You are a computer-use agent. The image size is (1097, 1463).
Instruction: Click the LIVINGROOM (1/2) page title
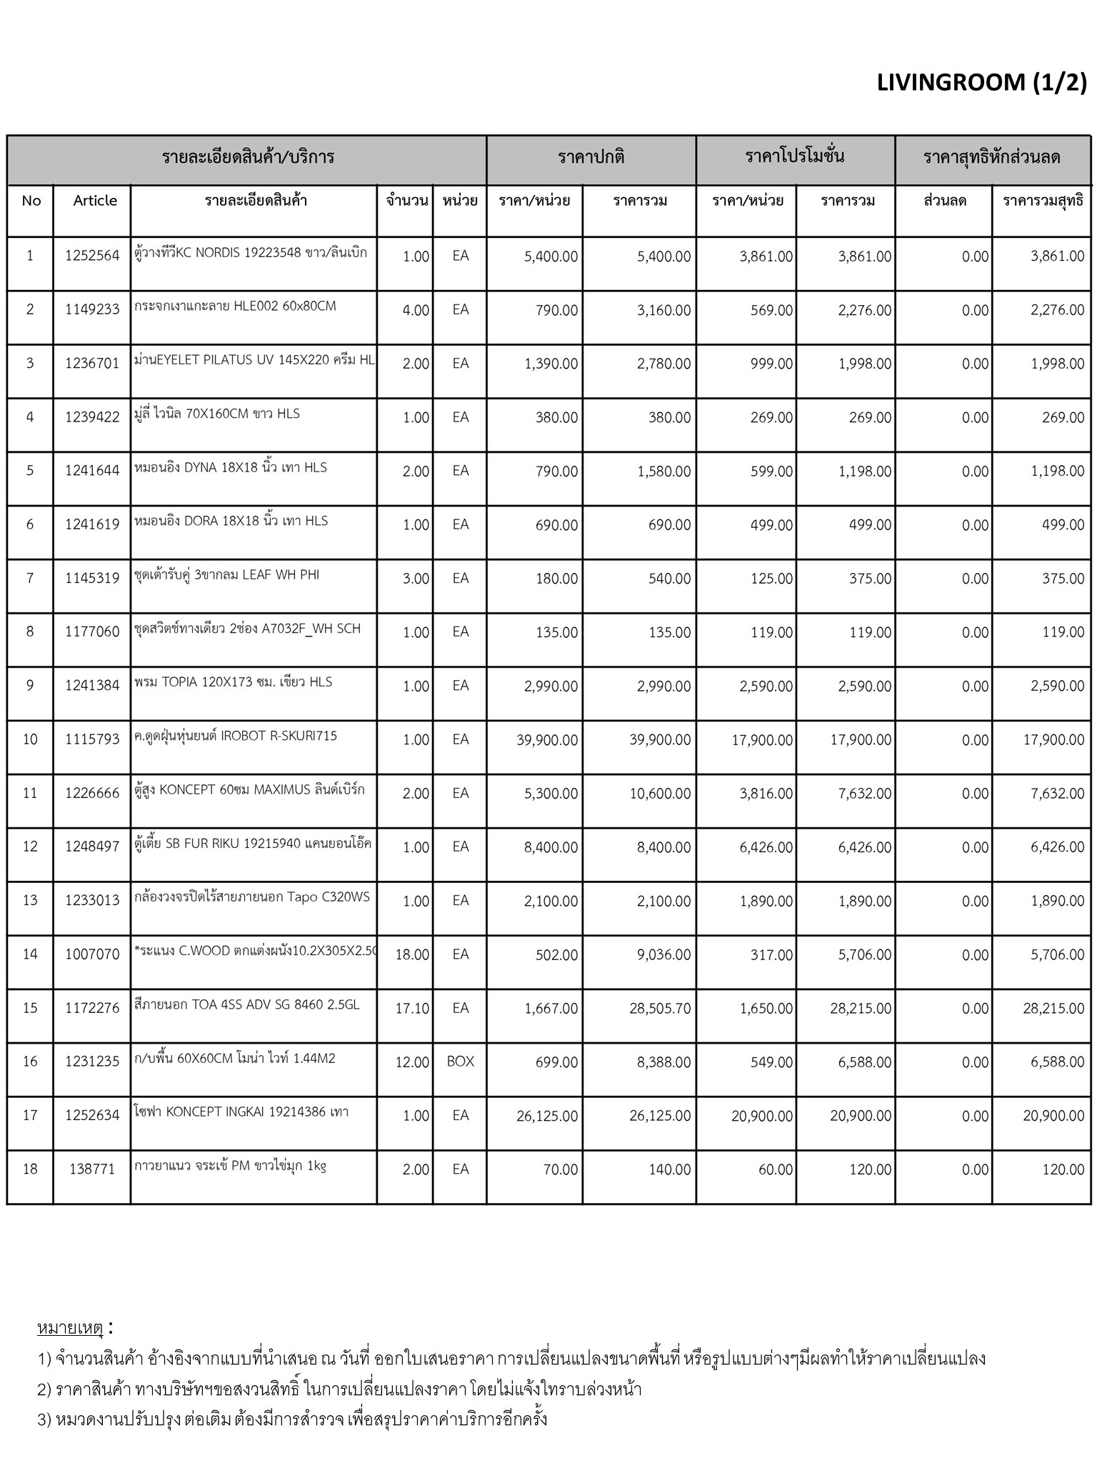click(981, 84)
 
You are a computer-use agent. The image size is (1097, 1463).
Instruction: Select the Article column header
click(95, 201)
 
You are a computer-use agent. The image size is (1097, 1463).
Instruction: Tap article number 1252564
click(92, 256)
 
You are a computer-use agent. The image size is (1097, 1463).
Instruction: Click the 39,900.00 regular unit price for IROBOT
click(547, 740)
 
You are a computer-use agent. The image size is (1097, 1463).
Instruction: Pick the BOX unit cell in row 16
click(461, 1062)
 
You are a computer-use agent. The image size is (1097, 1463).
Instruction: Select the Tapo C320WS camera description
click(252, 897)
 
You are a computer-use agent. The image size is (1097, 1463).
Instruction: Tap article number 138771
click(92, 1169)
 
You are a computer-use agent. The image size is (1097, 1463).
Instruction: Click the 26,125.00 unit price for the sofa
click(547, 1116)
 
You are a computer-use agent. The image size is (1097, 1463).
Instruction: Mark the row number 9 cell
click(30, 686)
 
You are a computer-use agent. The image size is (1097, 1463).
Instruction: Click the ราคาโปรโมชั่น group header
click(795, 156)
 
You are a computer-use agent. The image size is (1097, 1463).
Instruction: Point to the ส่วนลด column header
click(944, 201)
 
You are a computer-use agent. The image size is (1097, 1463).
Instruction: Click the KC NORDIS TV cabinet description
click(251, 253)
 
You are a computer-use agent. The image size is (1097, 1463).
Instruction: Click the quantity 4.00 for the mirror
click(416, 311)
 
